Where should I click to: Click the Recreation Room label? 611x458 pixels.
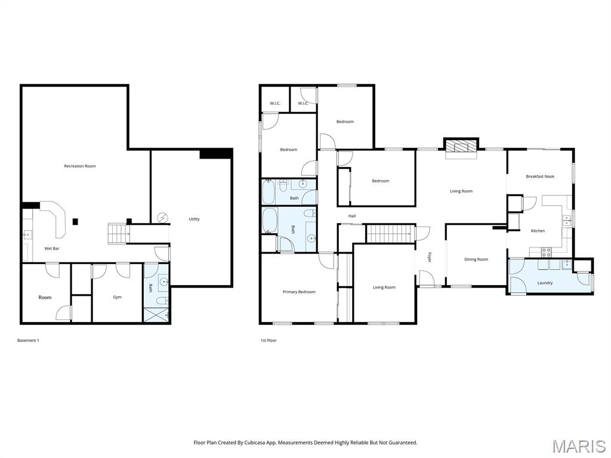80,166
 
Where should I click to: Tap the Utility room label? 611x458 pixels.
194,219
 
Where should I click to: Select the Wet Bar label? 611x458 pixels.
52,249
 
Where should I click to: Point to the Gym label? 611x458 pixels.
118,297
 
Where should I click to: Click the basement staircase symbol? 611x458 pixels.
119,234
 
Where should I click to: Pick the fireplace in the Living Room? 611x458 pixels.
461,147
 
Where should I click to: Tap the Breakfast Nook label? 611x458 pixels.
540,177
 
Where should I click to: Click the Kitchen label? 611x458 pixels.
538,231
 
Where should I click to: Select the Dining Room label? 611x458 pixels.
476,259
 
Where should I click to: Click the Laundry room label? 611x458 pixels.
545,283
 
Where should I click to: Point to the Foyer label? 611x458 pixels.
430,258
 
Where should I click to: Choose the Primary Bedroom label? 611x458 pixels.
300,292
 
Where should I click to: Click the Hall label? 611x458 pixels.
352,216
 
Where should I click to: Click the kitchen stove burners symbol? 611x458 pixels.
547,252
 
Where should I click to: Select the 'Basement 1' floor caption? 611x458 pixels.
28,341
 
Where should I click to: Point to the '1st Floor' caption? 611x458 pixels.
269,341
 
